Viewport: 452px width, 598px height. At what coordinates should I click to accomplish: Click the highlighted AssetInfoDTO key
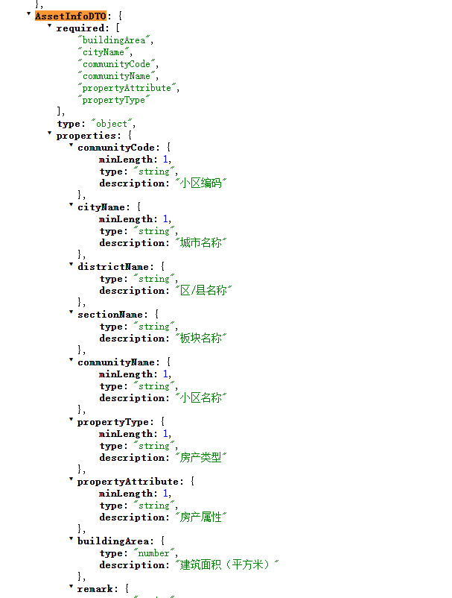point(71,16)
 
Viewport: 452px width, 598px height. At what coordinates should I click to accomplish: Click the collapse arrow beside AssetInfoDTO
point(28,14)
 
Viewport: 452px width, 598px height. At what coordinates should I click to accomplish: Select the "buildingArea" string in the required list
point(114,40)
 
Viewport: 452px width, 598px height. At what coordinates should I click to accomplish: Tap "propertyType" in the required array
point(114,100)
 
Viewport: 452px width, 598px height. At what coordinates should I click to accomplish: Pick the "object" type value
point(112,124)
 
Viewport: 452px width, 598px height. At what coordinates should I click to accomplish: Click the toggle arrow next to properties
point(49,133)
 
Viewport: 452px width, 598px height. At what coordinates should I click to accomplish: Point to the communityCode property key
point(116,148)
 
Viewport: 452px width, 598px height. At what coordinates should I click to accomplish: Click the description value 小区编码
point(200,183)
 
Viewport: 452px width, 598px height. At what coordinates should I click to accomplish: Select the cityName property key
point(101,207)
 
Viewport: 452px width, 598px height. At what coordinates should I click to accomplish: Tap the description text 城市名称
point(200,242)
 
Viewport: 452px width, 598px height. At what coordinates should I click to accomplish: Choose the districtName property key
point(113,267)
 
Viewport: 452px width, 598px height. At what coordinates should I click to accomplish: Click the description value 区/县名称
point(203,290)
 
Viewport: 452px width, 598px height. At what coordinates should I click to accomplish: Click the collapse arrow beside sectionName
point(71,312)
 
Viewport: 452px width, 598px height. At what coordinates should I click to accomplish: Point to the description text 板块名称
point(200,338)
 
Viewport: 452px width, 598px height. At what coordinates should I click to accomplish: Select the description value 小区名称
point(200,397)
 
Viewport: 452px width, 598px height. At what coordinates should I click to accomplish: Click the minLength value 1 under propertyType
point(165,434)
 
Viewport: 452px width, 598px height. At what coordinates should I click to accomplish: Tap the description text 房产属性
point(200,517)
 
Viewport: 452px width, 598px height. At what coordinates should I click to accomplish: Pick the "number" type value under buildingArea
point(154,553)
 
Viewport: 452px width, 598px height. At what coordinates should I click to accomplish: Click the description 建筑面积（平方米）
point(227,565)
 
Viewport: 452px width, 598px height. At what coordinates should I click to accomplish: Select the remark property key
point(95,589)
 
